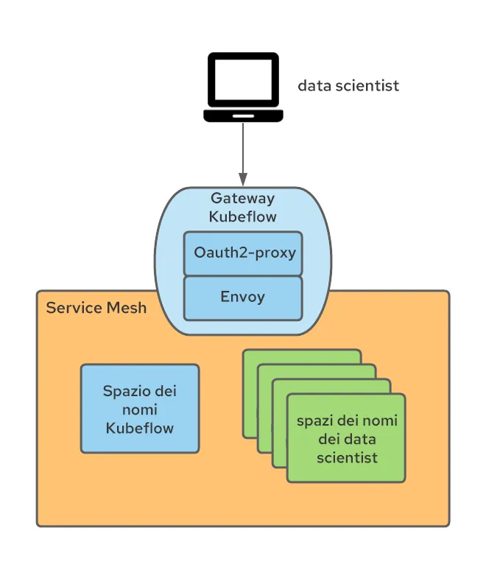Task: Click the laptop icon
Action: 243,87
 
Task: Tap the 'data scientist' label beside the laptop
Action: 348,85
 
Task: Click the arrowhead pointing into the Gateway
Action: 243,180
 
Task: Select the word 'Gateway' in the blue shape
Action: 242,198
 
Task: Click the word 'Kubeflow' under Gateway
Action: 242,216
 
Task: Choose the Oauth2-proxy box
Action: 243,253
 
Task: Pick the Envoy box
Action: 243,297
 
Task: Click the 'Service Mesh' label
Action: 96,308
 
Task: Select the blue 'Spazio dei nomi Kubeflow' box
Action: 140,409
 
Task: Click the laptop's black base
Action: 243,116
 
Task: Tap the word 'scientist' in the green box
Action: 347,457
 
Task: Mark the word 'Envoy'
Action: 243,297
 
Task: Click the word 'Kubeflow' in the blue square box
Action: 140,428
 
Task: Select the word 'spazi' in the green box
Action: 313,420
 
